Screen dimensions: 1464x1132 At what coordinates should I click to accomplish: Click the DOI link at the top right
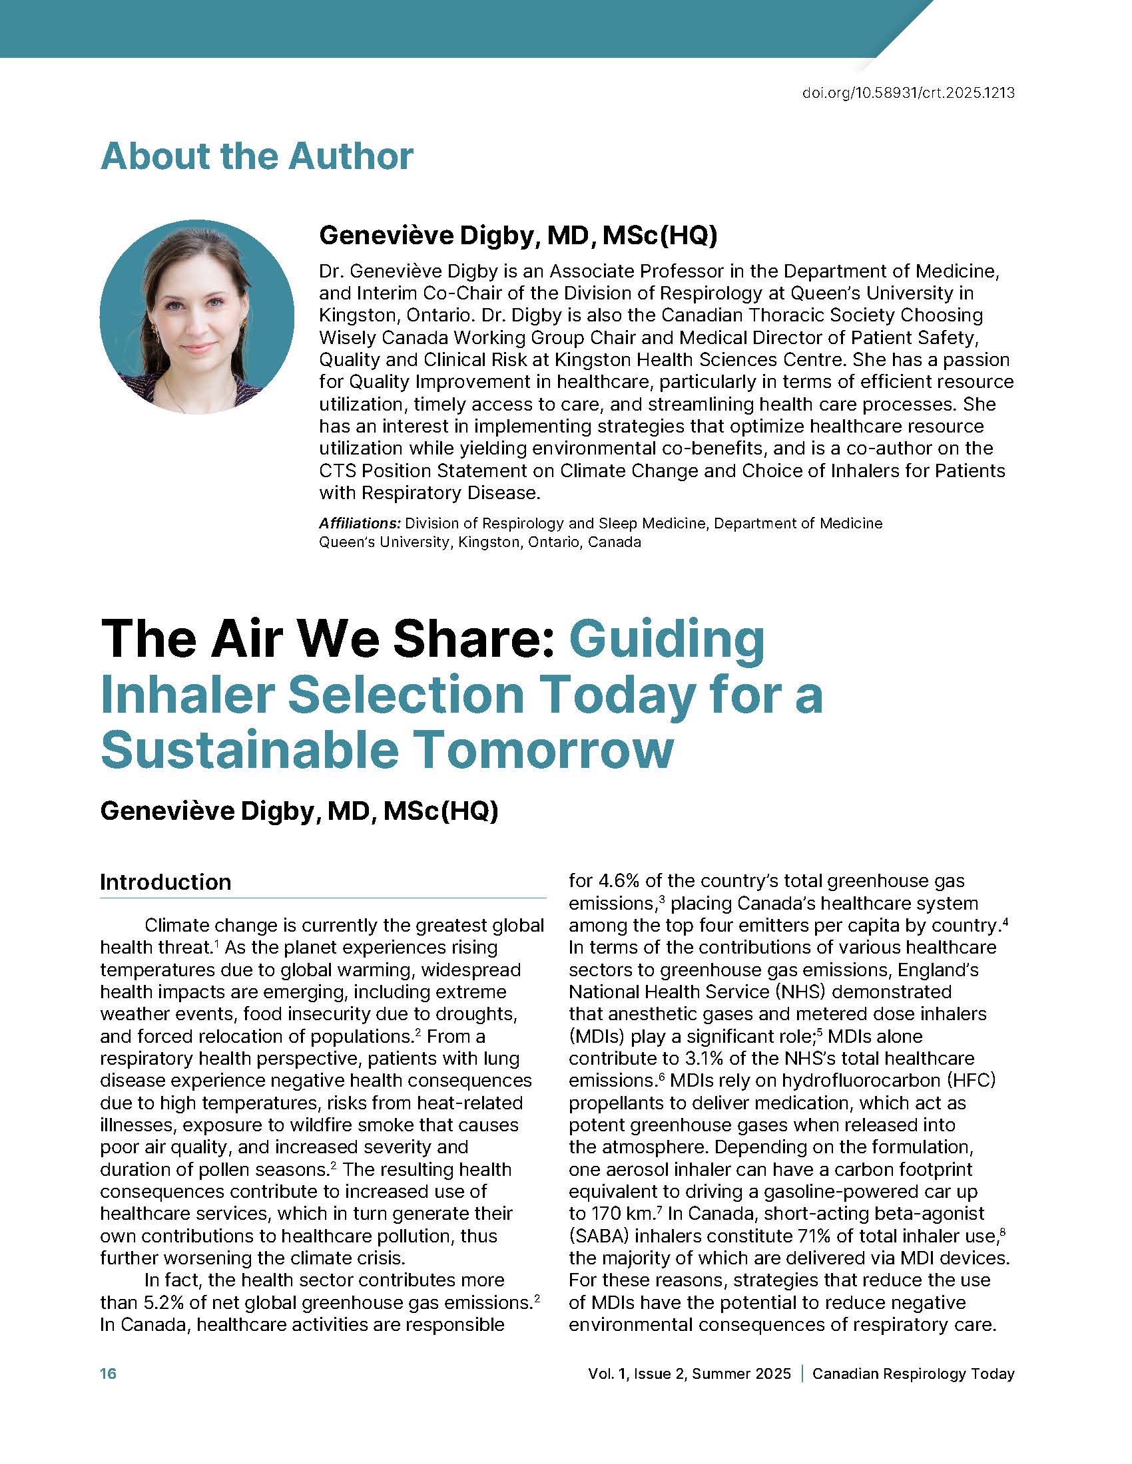(908, 93)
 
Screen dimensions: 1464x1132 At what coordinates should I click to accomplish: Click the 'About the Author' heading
(257, 156)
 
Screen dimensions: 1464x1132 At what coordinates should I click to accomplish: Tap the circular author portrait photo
(196, 316)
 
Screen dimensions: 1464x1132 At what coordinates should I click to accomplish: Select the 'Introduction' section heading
(166, 882)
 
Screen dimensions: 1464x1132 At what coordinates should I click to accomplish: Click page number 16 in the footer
(108, 1373)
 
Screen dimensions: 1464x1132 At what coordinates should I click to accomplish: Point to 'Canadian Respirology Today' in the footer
(913, 1373)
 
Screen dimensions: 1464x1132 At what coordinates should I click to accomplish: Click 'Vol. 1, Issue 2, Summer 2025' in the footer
(689, 1373)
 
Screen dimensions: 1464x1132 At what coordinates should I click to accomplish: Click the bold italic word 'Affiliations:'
(360, 523)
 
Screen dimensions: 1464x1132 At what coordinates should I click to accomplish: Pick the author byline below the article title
(299, 811)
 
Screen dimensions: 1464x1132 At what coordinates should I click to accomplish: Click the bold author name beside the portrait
(517, 236)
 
